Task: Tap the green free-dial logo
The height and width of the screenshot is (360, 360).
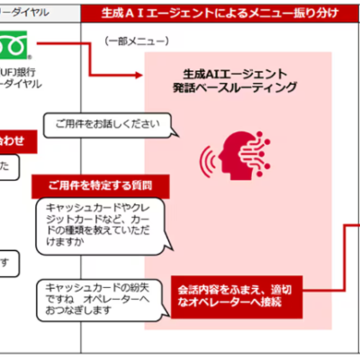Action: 19,45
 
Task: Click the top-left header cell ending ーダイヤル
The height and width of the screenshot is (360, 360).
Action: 27,12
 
